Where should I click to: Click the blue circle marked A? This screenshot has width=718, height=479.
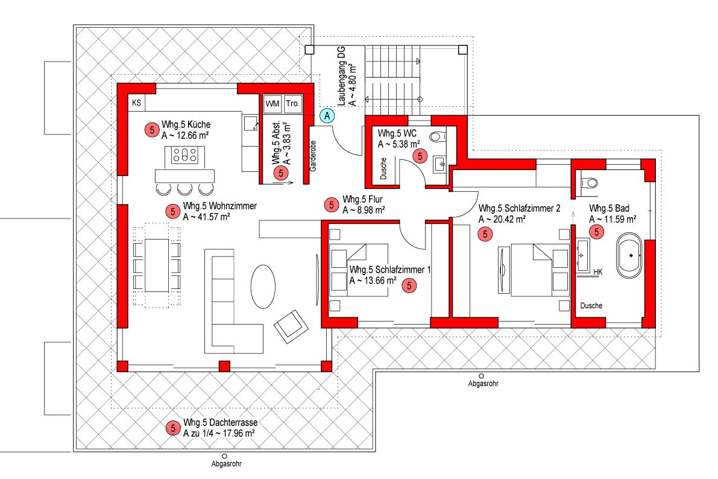(327, 116)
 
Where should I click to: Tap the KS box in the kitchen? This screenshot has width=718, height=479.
(136, 103)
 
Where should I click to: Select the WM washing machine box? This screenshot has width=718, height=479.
(272, 104)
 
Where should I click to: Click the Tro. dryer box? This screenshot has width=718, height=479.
(292, 104)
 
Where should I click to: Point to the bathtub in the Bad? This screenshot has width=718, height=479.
(629, 256)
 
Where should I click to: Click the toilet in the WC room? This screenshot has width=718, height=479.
(438, 136)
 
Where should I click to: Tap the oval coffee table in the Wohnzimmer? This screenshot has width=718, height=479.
(263, 287)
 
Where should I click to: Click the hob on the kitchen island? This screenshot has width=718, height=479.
(185, 155)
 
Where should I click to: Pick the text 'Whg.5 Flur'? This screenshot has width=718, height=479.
(362, 200)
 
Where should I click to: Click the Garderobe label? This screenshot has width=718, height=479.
(313, 156)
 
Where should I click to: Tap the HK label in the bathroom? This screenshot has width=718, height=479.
(597, 272)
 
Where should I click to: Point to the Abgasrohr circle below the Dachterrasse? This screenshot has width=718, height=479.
(224, 456)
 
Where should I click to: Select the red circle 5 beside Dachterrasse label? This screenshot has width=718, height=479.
(172, 428)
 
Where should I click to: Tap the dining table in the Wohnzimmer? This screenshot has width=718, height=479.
(157, 265)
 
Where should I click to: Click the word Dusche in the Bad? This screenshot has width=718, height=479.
(591, 306)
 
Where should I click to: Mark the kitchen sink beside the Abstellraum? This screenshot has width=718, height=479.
(250, 123)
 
